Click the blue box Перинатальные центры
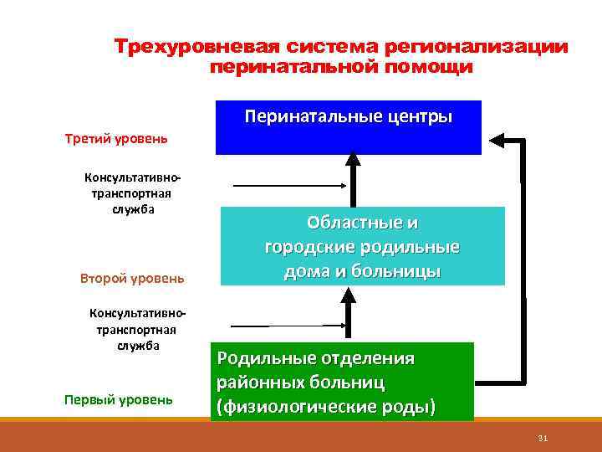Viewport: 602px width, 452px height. tap(349, 128)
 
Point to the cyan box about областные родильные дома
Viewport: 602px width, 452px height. tap(363, 247)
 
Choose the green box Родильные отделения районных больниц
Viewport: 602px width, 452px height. tap(342, 382)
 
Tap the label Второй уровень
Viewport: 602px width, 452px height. tap(132, 278)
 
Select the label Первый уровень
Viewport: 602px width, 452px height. tap(119, 399)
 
